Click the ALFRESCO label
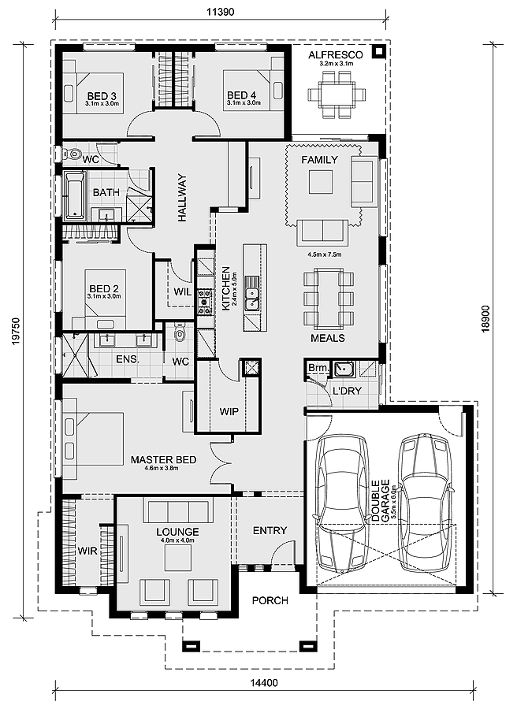coord(335,54)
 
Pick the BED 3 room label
coord(102,95)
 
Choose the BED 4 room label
coord(243,95)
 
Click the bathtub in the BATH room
coord(73,194)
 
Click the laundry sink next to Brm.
coord(343,369)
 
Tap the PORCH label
coord(270,600)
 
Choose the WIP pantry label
coord(229,411)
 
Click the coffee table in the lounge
coord(177,558)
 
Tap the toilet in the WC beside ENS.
coord(180,334)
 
